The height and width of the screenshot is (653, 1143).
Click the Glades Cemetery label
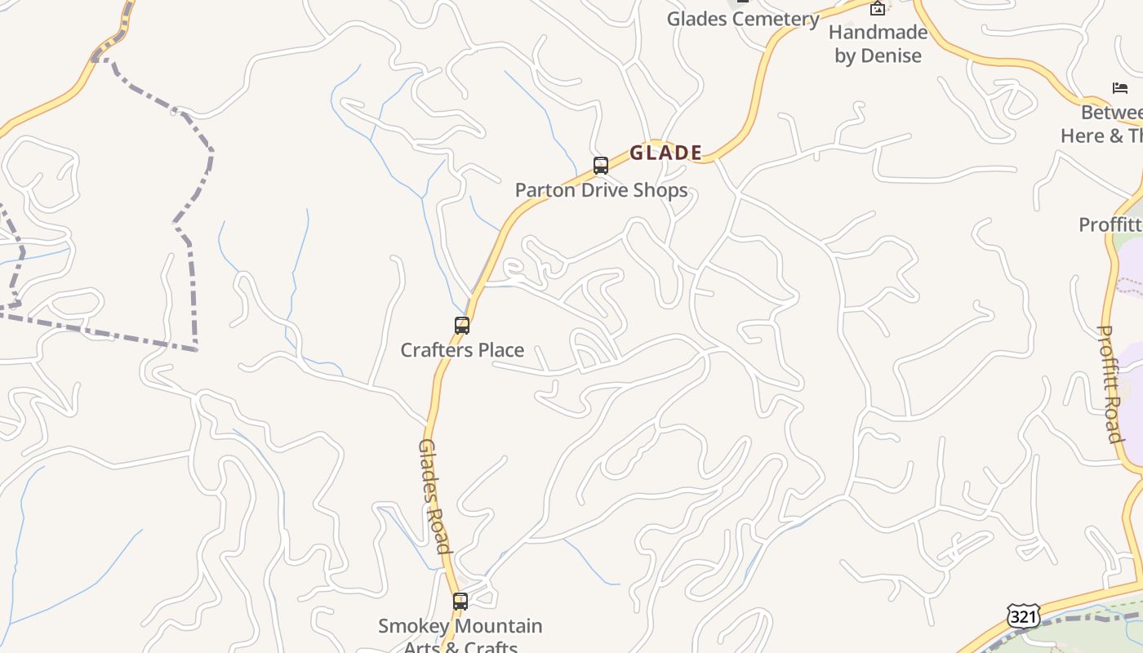(x=743, y=19)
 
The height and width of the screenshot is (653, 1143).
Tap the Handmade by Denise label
(x=878, y=44)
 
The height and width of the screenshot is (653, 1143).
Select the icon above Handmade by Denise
(x=878, y=9)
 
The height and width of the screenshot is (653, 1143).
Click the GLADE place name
(x=665, y=153)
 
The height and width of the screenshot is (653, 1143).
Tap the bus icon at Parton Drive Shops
(x=601, y=166)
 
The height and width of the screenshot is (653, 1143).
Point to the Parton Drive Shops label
(x=601, y=190)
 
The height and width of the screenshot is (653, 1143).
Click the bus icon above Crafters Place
(x=462, y=326)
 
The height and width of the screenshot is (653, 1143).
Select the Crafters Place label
(x=462, y=350)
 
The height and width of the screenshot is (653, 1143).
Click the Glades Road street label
(x=434, y=495)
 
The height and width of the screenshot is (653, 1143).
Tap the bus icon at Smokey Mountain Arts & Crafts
(x=460, y=602)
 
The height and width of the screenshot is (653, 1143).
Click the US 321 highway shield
(x=1023, y=616)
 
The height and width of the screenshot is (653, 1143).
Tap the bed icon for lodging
(x=1120, y=88)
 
